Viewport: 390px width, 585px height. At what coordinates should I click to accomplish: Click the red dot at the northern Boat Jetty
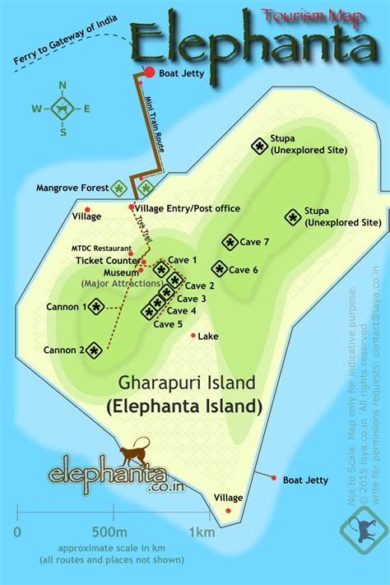pyautogui.click(x=150, y=73)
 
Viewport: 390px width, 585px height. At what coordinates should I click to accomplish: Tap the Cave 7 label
pyautogui.click(x=255, y=242)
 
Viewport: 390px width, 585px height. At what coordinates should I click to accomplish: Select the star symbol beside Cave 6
pyautogui.click(x=219, y=268)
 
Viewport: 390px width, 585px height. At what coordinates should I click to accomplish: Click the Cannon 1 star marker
pyautogui.click(x=96, y=307)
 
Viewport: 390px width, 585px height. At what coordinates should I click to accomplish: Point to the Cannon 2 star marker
pyautogui.click(x=95, y=351)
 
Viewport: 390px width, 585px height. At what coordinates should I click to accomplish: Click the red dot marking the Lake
pyautogui.click(x=193, y=335)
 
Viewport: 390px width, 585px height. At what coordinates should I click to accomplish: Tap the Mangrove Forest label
pyautogui.click(x=72, y=188)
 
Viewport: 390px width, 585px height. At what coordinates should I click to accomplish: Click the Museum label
pyautogui.click(x=121, y=272)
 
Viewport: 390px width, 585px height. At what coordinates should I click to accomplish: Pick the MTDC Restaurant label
pyautogui.click(x=101, y=248)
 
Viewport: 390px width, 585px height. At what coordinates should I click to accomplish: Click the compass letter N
pyautogui.click(x=63, y=85)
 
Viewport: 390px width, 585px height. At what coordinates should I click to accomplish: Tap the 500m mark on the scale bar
pyautogui.click(x=109, y=531)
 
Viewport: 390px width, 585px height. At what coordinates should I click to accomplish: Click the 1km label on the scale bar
pyautogui.click(x=202, y=531)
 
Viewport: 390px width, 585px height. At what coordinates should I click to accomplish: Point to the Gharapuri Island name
pyautogui.click(x=187, y=383)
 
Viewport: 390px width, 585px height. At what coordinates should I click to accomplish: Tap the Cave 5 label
pyautogui.click(x=169, y=323)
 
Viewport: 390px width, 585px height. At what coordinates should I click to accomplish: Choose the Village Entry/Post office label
pyautogui.click(x=188, y=209)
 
